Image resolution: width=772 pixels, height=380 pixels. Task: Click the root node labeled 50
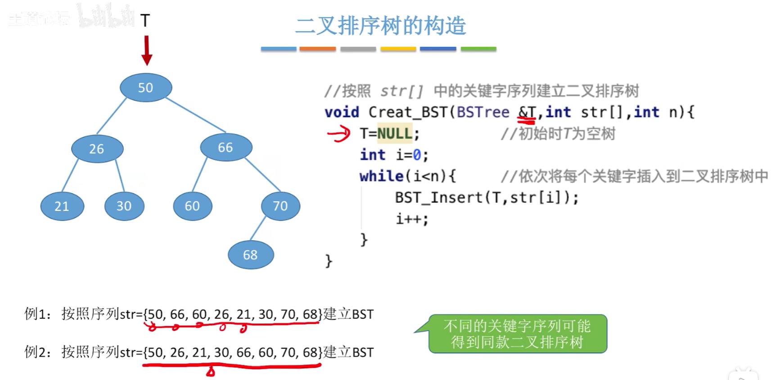pos(145,87)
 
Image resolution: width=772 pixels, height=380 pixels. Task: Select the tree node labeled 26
pos(97,148)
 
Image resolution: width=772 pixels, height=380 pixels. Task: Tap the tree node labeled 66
pos(226,147)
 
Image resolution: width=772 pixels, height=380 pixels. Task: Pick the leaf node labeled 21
pos(62,206)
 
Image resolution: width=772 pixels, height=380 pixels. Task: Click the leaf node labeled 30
pos(124,206)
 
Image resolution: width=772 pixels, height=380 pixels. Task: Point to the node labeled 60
pos(192,206)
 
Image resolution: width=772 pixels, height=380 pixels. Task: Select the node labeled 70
pos(280,206)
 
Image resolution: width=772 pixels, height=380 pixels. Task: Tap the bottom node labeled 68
pos(250,255)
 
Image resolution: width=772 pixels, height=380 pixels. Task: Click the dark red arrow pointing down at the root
pos(146,50)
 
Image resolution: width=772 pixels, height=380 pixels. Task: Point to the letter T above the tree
pos(145,21)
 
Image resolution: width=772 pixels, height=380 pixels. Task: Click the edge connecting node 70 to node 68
pos(258,228)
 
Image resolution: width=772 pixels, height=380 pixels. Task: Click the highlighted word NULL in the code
pos(394,134)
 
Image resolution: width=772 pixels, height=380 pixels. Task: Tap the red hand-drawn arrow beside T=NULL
pos(339,134)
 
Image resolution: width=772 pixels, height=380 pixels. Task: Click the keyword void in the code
pos(342,112)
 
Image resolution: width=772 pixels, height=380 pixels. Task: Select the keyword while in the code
pos(381,176)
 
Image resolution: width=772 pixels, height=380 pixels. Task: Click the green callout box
pos(517,334)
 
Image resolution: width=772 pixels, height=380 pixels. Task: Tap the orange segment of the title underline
pos(317,49)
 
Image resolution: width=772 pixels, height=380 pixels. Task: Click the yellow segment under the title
pos(398,49)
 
